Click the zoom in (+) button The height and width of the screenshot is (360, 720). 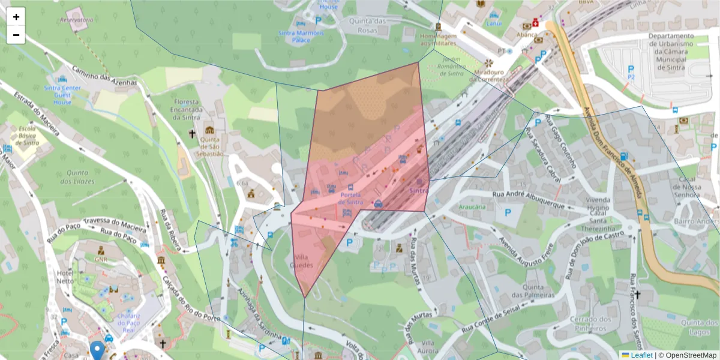pyautogui.click(x=16, y=17)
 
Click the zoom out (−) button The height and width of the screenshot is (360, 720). pyautogui.click(x=16, y=35)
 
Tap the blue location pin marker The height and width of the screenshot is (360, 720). pyautogui.click(x=97, y=350)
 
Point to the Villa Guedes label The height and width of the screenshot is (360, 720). pyautogui.click(x=301, y=261)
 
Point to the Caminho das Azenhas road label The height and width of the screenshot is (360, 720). pyautogui.click(x=104, y=75)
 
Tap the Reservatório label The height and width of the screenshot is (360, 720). pyautogui.click(x=76, y=20)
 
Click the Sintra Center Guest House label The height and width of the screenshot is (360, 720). pyautogui.click(x=62, y=95)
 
